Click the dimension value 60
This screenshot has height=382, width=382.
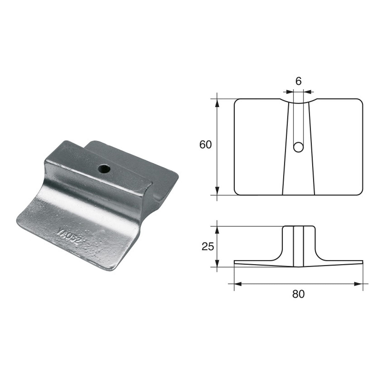point(205,145)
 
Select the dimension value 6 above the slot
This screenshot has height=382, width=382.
point(298,81)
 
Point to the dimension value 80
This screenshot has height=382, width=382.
point(298,294)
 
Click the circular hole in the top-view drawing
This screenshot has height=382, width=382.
point(298,147)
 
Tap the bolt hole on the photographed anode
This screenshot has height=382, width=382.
point(103,168)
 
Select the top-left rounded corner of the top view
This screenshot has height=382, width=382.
point(236,101)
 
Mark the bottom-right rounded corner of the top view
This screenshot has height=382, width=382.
point(361,192)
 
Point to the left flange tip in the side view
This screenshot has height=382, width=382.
point(235,262)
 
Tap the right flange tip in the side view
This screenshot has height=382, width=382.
point(362,262)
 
